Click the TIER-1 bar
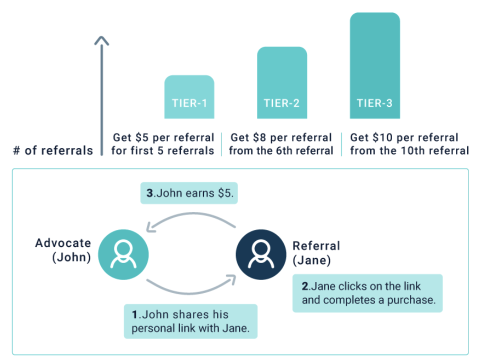tap(189, 97)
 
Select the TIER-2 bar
tap(282, 82)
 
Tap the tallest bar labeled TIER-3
tap(374, 65)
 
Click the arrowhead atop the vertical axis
tap(101, 41)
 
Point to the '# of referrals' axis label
tap(53, 150)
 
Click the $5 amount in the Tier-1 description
tap(141, 137)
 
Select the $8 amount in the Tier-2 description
tap(259, 137)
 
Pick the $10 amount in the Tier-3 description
tap(383, 137)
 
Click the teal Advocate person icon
tap(123, 254)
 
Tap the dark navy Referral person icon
tap(261, 254)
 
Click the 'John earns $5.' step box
tap(189, 193)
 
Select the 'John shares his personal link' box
tap(190, 321)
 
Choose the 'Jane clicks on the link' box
tap(367, 293)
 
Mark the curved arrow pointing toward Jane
tap(190, 293)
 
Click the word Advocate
tap(63, 243)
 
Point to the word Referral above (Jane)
tap(316, 246)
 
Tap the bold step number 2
tap(305, 286)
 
